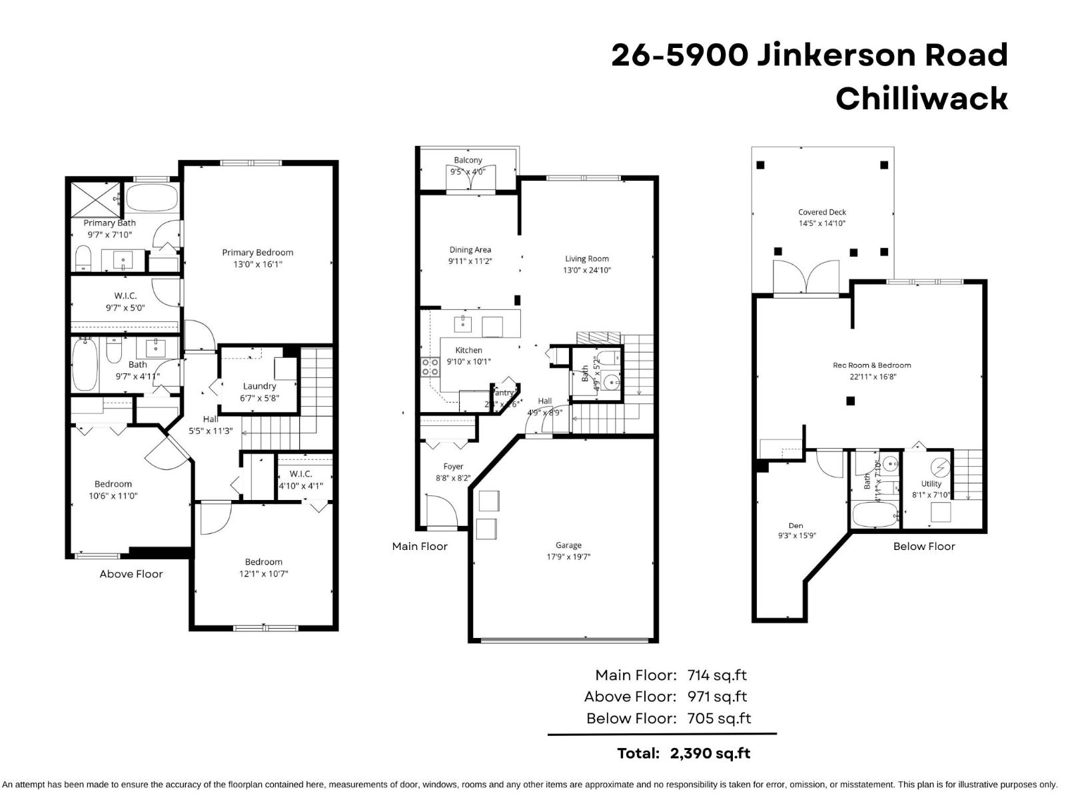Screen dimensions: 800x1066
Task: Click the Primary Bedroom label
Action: coord(257,252)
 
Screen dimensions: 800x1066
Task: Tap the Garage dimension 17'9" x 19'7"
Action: coord(568,557)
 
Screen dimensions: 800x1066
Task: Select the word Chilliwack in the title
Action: coord(921,99)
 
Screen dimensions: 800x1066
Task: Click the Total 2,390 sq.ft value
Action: coord(710,753)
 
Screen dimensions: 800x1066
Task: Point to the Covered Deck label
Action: coord(822,212)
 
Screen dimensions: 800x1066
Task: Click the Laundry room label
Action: coord(259,386)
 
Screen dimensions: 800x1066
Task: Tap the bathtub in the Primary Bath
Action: coord(152,197)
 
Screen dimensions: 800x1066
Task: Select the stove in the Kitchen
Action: coord(430,367)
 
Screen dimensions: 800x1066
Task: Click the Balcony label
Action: coord(468,160)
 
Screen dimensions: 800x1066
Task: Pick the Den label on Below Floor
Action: coord(796,525)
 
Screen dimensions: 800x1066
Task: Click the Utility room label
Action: coord(931,484)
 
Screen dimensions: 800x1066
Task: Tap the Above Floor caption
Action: coord(131,574)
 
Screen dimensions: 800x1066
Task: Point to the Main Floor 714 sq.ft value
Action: coord(717,675)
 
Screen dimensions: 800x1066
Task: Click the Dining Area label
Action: coord(470,250)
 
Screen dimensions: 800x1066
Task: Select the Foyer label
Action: coord(453,467)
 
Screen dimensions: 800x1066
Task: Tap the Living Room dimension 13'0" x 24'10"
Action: coord(587,270)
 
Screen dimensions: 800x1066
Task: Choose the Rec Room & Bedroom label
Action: coord(871,365)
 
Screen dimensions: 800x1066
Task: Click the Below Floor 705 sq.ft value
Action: coord(719,719)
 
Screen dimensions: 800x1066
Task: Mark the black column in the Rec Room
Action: coord(850,401)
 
